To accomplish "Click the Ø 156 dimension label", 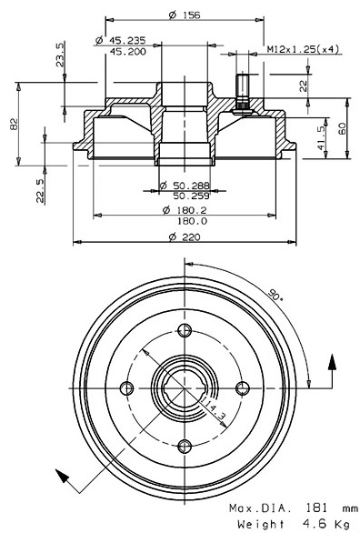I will point(185,13).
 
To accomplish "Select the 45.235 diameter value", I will point(130,40).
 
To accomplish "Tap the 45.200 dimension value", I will point(130,52).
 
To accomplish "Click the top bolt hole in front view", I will point(185,330).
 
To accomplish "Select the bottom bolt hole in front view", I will point(185,445).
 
